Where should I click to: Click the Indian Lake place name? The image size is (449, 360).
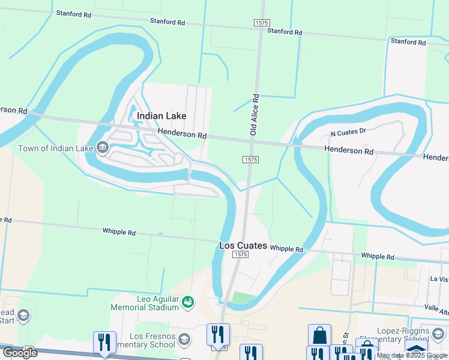click(161, 116)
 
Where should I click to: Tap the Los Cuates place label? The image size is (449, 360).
click(243, 246)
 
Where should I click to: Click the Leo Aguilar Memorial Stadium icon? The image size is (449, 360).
click(188, 302)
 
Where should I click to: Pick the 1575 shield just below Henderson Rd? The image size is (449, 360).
click(251, 160)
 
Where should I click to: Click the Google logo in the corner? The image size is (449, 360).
click(19, 352)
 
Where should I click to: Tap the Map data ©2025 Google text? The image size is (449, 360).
click(412, 356)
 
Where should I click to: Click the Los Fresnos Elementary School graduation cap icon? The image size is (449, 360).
click(184, 340)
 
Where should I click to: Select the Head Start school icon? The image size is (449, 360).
click(23, 316)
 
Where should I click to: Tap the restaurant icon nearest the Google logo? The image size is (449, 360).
click(104, 342)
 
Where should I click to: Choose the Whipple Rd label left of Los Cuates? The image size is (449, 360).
click(119, 232)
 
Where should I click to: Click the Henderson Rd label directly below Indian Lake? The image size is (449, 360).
click(182, 134)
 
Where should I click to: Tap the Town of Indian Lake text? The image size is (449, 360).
click(55, 148)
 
